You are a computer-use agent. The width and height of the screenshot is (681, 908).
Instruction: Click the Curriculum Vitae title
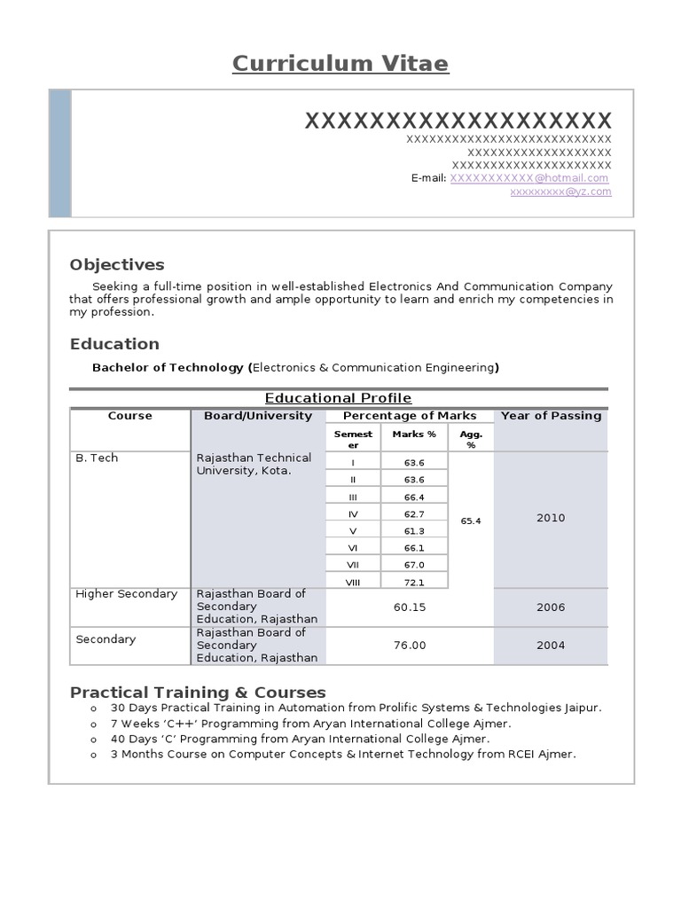340,64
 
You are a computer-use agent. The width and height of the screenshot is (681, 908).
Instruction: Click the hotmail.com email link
529,178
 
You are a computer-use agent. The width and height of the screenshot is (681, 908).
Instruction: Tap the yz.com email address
560,192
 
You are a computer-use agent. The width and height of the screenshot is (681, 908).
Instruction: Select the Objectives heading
117,265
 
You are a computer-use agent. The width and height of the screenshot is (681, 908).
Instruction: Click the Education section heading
114,344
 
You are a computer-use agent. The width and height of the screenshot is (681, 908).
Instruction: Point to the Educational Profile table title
339,398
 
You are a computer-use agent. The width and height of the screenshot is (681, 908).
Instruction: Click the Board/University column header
258,416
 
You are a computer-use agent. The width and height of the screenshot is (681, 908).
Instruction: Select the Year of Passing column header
551,416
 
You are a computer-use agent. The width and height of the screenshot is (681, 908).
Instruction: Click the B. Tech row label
98,458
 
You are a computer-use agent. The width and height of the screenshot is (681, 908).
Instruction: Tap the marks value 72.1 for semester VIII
414,583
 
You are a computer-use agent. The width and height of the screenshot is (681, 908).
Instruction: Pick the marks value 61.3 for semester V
414,531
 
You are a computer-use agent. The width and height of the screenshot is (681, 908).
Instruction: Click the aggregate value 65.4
471,521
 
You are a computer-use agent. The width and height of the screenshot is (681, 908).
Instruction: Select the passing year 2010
551,518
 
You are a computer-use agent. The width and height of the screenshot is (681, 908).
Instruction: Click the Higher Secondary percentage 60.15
410,607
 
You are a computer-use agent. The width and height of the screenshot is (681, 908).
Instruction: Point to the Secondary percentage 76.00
410,646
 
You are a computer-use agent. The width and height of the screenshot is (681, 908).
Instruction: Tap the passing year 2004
551,646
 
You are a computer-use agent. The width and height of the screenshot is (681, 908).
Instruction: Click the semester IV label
353,514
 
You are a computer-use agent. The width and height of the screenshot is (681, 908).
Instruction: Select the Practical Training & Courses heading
198,693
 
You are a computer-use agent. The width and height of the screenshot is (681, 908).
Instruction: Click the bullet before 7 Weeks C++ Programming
92,724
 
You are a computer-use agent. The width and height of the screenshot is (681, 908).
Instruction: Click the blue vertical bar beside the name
60,153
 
